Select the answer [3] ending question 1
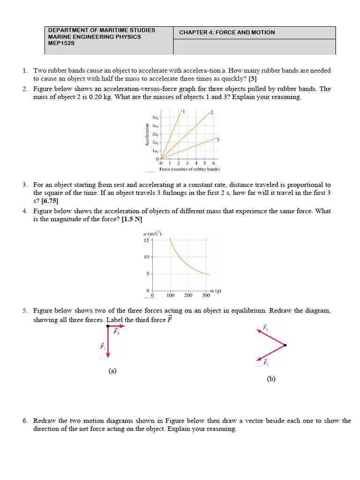tap(253, 79)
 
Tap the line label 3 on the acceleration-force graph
tap(218, 140)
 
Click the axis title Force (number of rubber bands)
tap(190, 169)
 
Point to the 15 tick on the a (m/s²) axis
tap(146, 240)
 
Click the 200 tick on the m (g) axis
tap(188, 296)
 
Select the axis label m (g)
tap(216, 291)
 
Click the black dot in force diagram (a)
tap(108, 326)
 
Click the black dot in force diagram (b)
tap(285, 345)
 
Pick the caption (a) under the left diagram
tap(112, 371)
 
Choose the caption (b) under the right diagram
tap(271, 379)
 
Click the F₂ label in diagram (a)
tap(116, 331)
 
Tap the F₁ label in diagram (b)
tap(265, 328)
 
